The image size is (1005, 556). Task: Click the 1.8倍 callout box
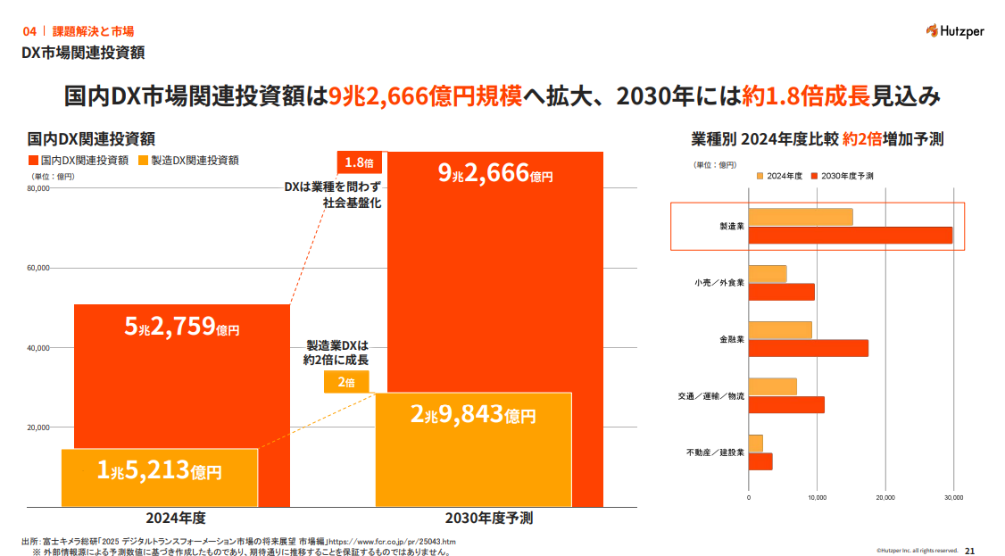pos(359,162)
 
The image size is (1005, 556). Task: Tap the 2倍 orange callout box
pos(346,382)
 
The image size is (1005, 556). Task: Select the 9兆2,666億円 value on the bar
pos(495,174)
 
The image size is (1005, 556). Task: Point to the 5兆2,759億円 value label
pos(182,328)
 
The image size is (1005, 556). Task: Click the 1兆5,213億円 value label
pos(160,471)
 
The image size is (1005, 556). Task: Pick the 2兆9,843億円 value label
pos(473,415)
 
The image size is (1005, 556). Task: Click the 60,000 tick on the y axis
pos(37,268)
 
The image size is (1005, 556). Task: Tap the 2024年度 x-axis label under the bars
pos(176,518)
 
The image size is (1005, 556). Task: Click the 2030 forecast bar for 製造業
pos(850,236)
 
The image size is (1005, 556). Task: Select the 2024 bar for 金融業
pos(780,330)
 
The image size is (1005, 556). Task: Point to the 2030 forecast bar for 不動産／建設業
pos(760,461)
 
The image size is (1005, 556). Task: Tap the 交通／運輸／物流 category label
pos(711,395)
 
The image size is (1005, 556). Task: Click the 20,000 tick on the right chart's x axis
pos(885,497)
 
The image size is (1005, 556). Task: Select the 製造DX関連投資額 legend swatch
pos(143,161)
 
